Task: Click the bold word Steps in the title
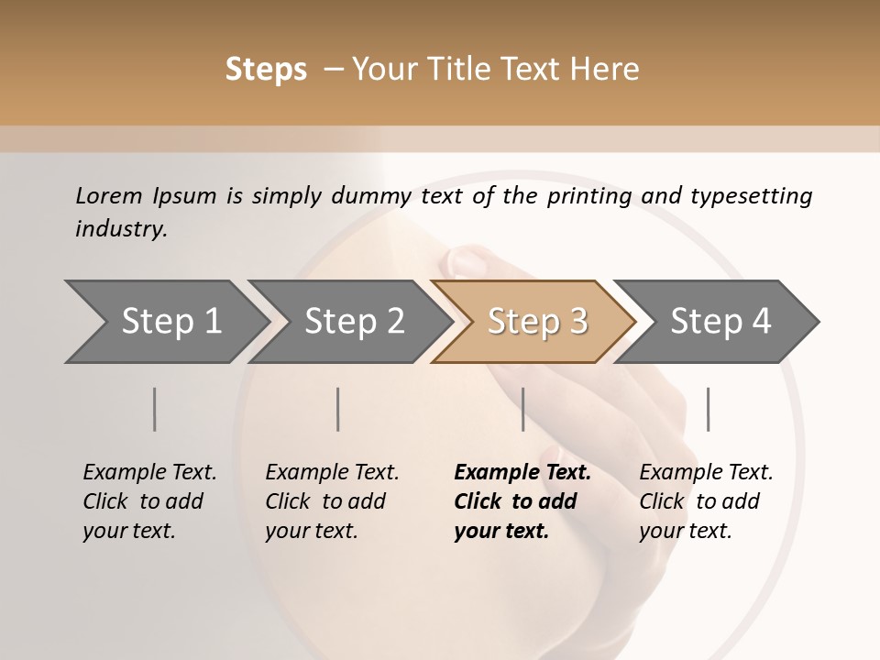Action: click(x=266, y=70)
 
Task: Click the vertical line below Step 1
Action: click(x=155, y=409)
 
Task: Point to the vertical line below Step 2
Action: click(x=338, y=409)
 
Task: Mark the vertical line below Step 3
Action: click(x=523, y=409)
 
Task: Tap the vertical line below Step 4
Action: click(x=708, y=409)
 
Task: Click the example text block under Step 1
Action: click(x=149, y=501)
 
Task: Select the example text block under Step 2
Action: click(x=332, y=501)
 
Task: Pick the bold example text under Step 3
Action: click(x=522, y=501)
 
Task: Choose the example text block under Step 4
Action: click(x=706, y=501)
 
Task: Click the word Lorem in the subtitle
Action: click(x=109, y=195)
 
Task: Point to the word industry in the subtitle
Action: click(x=120, y=228)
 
